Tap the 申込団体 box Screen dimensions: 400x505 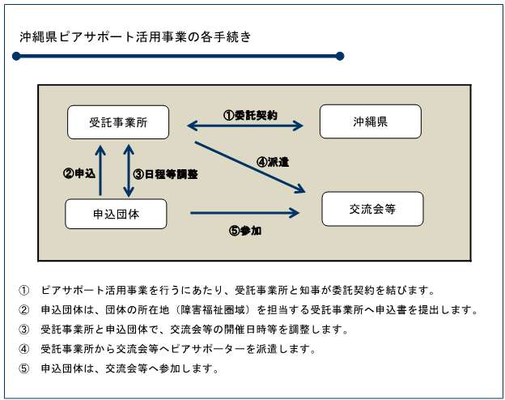[116, 213]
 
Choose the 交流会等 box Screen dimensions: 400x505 [372, 208]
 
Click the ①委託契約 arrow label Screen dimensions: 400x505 [251, 115]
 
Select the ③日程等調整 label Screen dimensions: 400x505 [166, 173]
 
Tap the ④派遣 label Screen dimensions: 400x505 [272, 161]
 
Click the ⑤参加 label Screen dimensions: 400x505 [244, 230]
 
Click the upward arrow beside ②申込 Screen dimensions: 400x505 [100, 170]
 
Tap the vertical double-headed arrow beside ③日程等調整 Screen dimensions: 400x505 [128, 170]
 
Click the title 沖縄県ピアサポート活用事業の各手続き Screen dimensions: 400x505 [134, 36]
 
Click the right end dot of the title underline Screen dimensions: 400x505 [340, 56]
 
